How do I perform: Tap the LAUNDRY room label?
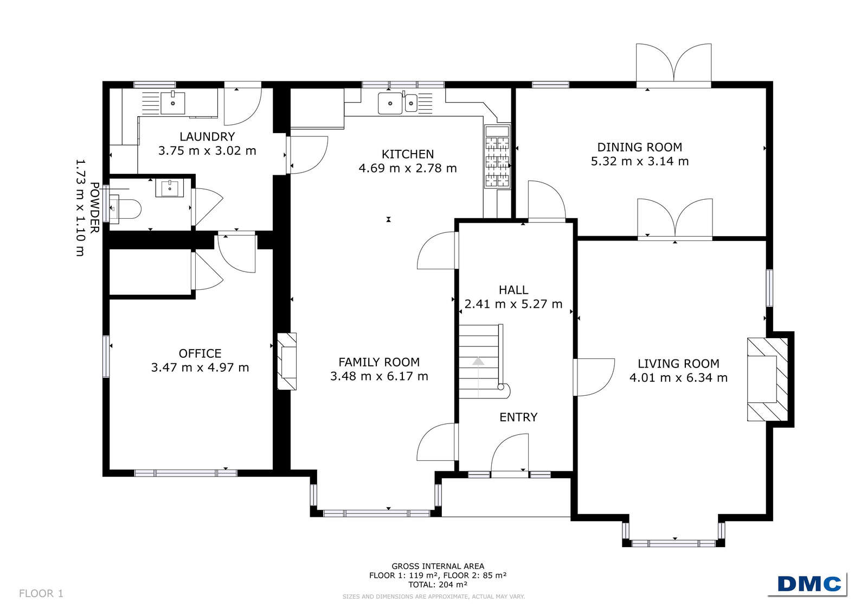[x=207, y=136]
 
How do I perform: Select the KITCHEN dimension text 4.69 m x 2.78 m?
[x=408, y=168]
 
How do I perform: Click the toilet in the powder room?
[x=125, y=210]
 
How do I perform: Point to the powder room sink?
[x=170, y=188]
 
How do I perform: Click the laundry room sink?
[x=172, y=102]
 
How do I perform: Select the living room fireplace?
[x=767, y=379]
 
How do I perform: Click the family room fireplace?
[x=287, y=361]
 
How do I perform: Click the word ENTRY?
[x=518, y=417]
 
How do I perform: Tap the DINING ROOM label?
[x=639, y=147]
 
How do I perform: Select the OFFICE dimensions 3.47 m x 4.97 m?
[x=200, y=368]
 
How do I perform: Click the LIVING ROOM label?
[x=678, y=364]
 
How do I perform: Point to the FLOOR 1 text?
[x=41, y=593]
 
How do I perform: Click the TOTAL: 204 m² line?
[x=438, y=585]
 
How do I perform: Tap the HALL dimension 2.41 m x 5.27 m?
[x=513, y=304]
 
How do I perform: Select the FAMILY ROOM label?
[x=379, y=362]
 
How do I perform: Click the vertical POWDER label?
[x=95, y=207]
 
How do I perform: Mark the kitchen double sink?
[x=398, y=103]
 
